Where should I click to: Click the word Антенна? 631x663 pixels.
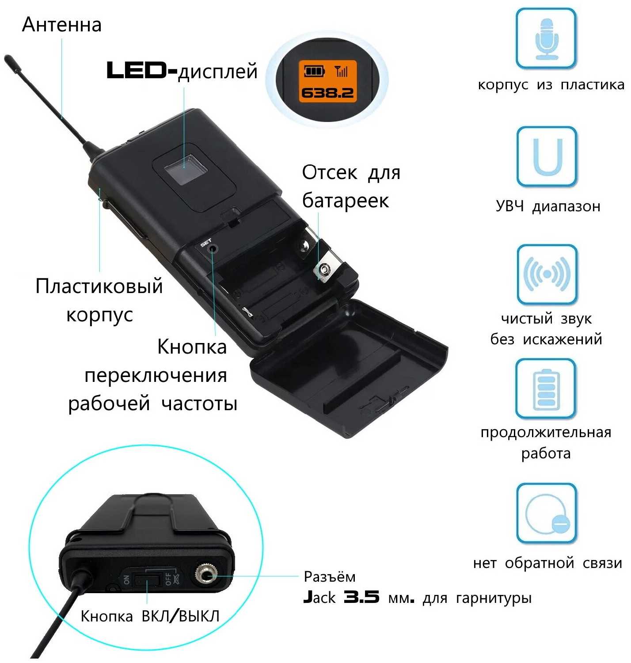coord(61,25)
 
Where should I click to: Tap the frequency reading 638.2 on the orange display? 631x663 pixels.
coord(327,93)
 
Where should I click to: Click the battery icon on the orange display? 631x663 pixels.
coord(314,71)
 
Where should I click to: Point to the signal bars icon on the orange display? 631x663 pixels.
coord(342,71)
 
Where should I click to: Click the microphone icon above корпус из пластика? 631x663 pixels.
coord(547,39)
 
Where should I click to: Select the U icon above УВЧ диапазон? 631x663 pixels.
coord(547,156)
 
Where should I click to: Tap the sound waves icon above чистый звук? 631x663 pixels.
coord(547,274)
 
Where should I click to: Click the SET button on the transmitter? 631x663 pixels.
coord(213,248)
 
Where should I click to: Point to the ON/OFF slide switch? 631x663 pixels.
coord(147,579)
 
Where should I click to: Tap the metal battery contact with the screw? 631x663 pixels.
coord(325,269)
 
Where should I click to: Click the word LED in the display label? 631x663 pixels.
coord(141,71)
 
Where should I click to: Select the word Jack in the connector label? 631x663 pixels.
coord(319,598)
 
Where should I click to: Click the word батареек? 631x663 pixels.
coord(345,201)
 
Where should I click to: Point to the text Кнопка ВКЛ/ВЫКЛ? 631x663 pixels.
coord(150,616)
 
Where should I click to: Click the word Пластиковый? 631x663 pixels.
coord(99,286)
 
